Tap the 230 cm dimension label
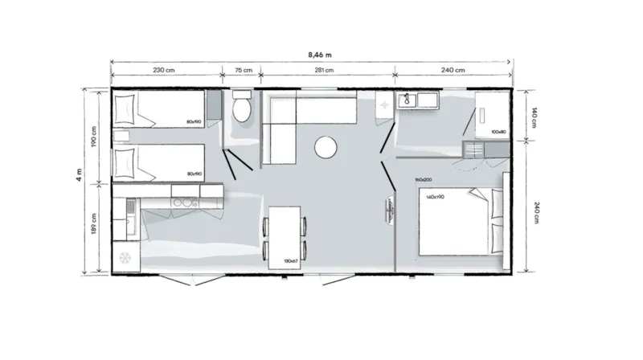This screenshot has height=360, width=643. (164, 71)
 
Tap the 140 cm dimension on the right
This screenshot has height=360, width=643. (531, 114)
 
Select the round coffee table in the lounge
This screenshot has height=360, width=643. (326, 146)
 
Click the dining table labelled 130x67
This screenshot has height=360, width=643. (285, 236)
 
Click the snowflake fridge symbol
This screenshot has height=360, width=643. (125, 257)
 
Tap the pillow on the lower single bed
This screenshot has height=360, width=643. (125, 162)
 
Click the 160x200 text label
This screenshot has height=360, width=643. (423, 179)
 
